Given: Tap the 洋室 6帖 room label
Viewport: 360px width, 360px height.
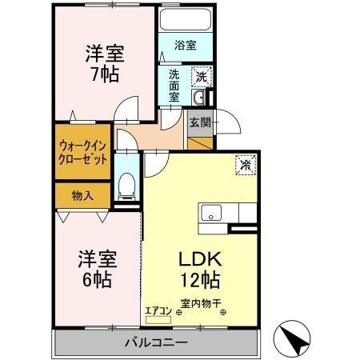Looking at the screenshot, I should coord(97,270).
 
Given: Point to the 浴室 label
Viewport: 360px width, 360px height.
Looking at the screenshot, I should coord(185,46).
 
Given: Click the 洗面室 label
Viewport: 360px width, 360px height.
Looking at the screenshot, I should coord(174,86).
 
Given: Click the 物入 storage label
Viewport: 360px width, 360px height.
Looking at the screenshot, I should coord(82,194).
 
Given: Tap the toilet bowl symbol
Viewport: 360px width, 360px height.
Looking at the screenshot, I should coord(126,188).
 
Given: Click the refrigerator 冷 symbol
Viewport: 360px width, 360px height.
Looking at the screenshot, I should coord(245,164).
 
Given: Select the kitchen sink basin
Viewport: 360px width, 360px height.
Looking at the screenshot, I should coord(212,213).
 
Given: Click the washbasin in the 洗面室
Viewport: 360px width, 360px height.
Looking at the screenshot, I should coord(200,98).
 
